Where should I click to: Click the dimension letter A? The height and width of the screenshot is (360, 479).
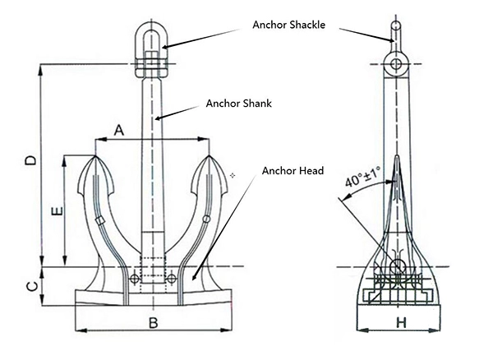point(118,129)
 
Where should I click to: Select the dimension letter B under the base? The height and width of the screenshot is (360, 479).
point(153,322)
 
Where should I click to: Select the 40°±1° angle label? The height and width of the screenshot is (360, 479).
point(361,178)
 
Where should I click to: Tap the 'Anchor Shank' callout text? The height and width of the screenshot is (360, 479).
point(237,104)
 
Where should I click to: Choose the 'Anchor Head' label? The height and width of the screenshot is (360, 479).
point(292,171)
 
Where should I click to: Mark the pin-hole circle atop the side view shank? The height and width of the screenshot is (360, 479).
point(398,64)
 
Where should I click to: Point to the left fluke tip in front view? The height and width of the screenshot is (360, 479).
point(96,157)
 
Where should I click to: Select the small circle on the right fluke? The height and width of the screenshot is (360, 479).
point(205,219)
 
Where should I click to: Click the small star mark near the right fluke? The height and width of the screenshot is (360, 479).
point(233,175)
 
